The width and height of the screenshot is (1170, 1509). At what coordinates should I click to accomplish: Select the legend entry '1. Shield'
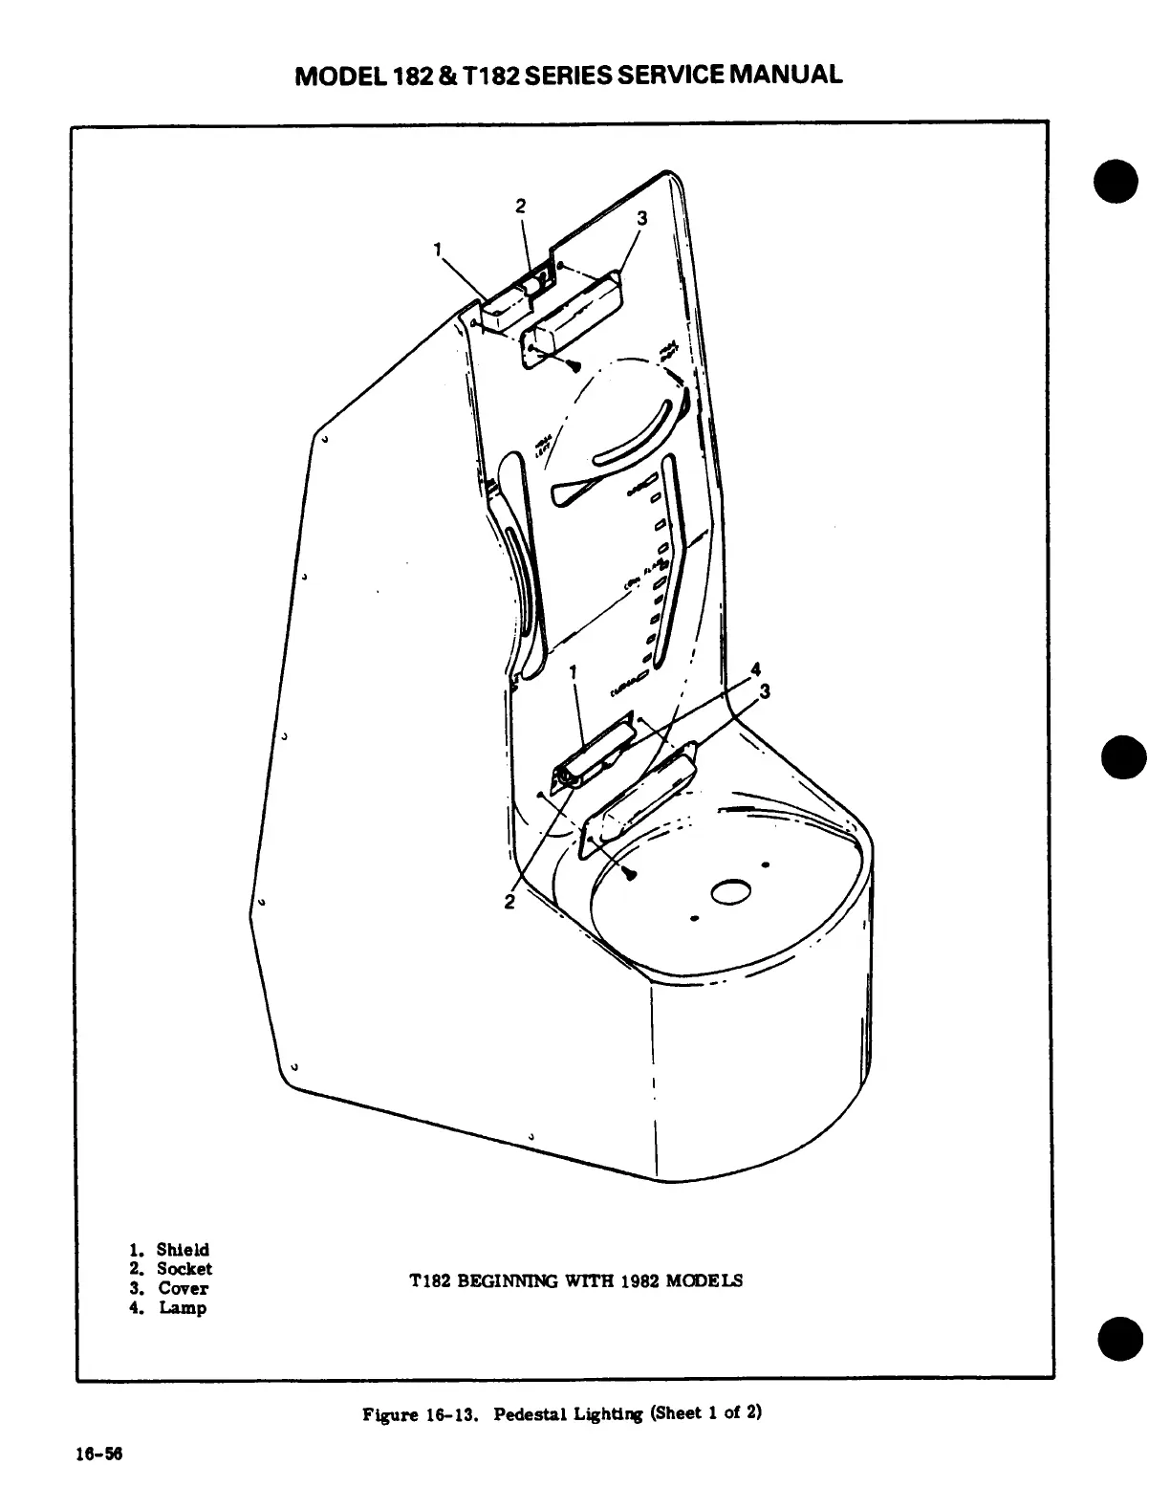coord(169,1250)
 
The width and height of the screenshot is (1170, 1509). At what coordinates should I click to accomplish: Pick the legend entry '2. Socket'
coord(171,1269)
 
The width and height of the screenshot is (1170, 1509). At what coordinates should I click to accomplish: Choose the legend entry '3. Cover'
coord(169,1288)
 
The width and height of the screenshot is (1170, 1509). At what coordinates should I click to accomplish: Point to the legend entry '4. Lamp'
coord(167,1307)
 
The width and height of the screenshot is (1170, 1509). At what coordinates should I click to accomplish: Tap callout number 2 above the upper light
coord(521,206)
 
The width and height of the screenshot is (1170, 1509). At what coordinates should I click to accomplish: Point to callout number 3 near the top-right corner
coord(642,218)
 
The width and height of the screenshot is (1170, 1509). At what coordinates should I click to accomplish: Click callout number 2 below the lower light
coord(510,901)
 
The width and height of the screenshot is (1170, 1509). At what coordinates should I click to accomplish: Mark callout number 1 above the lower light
coord(573,673)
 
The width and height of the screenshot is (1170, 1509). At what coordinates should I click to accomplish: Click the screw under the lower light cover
coord(631,874)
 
